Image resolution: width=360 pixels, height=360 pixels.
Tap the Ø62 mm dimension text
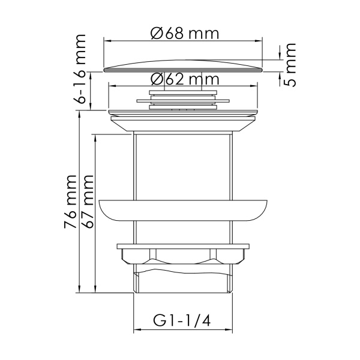(184, 79)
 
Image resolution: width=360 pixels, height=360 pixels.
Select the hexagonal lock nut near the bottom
(182, 255)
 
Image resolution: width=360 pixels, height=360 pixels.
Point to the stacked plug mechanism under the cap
(182, 98)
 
